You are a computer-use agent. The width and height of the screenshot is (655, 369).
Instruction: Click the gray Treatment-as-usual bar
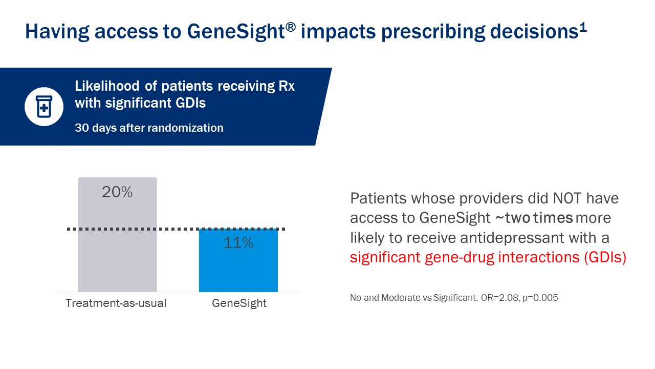(117, 241)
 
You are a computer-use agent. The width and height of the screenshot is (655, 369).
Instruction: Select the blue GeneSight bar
(238, 266)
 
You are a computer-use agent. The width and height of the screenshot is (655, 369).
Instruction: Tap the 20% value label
(117, 192)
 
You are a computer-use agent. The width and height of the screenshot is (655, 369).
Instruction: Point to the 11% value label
(238, 243)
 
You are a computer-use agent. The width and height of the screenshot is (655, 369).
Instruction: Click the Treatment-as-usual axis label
(116, 303)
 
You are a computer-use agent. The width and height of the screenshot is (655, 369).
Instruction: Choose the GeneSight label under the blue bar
(239, 303)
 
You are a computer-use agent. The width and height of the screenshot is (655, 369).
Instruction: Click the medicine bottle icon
(44, 107)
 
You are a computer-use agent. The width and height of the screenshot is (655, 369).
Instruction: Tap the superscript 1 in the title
(583, 27)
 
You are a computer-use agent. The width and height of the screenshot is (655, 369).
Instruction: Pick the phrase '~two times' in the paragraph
(534, 218)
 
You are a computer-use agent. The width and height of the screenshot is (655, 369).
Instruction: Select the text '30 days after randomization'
(149, 128)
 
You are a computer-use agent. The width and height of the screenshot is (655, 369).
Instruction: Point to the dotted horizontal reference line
(177, 229)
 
